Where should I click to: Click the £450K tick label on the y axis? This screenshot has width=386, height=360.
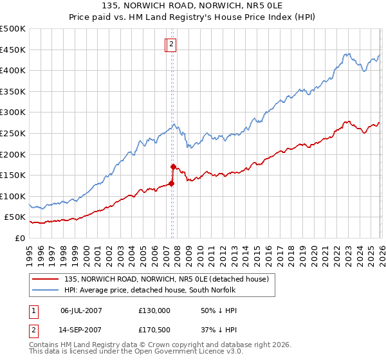(13, 50)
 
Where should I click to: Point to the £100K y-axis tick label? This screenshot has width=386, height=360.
(13, 196)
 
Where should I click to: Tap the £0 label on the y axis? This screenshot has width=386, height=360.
(19, 238)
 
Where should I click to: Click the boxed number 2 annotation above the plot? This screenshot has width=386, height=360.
(172, 44)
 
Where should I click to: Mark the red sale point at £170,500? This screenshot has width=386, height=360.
(173, 166)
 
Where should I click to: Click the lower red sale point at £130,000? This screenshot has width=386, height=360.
(172, 183)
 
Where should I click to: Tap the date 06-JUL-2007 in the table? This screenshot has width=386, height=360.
(82, 310)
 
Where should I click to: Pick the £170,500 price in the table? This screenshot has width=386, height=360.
(154, 331)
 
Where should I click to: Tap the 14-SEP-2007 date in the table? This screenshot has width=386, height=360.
(82, 331)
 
